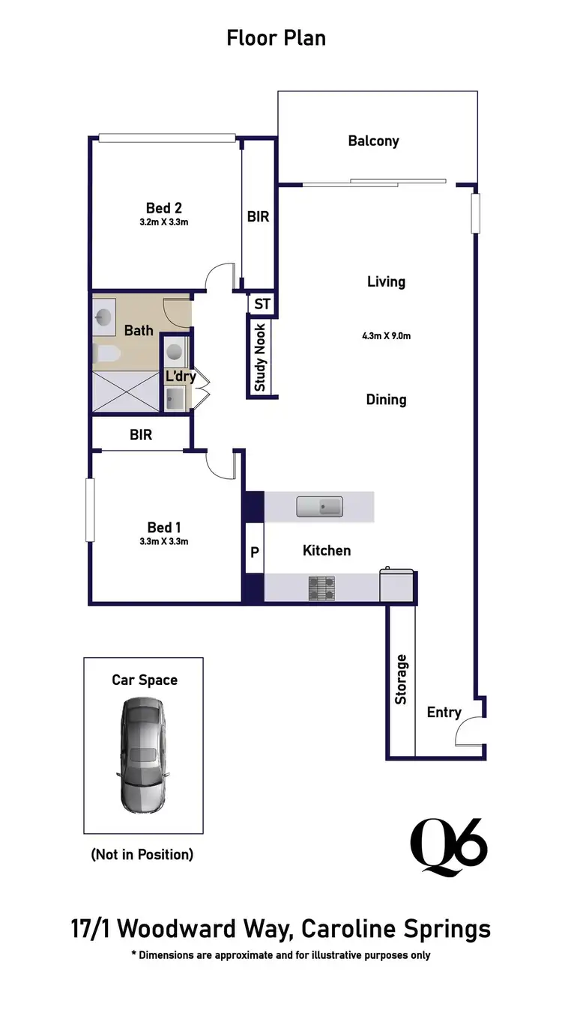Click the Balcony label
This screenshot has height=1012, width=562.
(373, 141)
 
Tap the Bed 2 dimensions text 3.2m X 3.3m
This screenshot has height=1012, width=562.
(164, 222)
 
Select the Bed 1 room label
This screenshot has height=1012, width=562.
(163, 527)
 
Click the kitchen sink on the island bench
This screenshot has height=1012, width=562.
(319, 507)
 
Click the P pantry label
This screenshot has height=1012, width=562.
(254, 552)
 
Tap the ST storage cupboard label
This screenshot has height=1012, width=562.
(262, 304)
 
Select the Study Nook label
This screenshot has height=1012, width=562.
(260, 357)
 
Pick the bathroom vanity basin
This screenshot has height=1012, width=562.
(102, 318)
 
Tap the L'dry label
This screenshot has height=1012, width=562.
(181, 376)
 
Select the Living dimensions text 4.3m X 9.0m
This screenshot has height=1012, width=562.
(386, 336)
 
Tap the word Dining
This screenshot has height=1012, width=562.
(386, 400)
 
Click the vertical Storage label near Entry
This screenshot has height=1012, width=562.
(401, 679)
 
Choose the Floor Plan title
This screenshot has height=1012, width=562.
(277, 37)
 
